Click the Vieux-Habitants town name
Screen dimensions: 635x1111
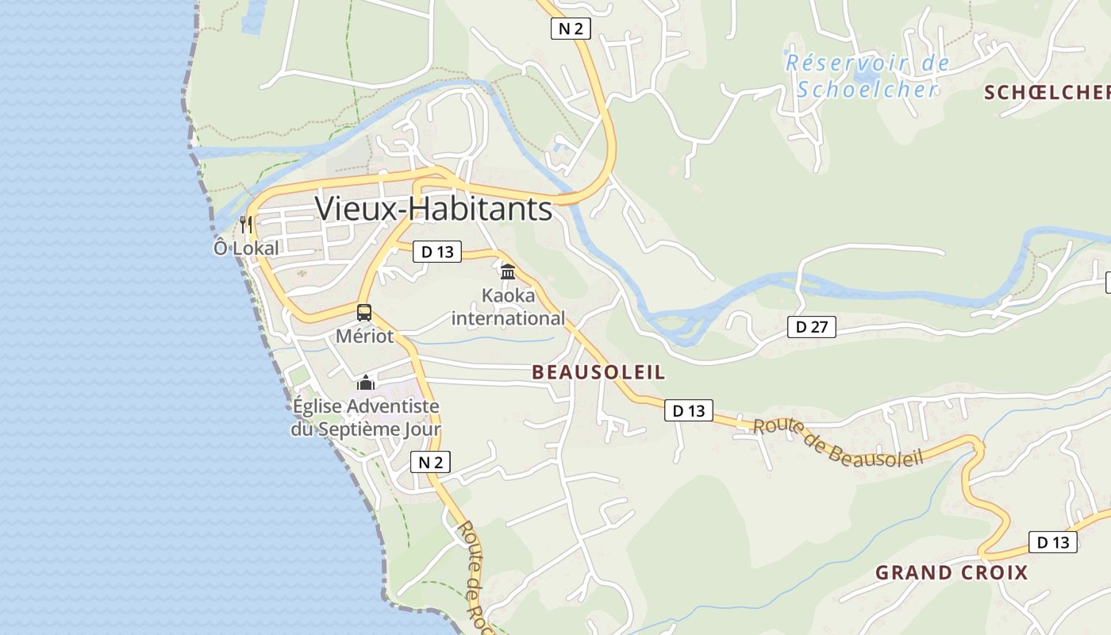[x=433, y=209]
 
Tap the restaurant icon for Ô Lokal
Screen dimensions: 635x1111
[x=246, y=225]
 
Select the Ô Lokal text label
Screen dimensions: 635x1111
[x=246, y=248]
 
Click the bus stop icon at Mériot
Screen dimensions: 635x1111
[x=364, y=312]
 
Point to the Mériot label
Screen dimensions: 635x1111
[x=364, y=336]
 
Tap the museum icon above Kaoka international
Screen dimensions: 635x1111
[x=508, y=271]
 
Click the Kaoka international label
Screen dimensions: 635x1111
[x=508, y=307]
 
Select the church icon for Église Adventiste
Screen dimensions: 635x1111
[x=365, y=383]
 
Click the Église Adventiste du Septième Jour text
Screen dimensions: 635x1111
[x=366, y=418]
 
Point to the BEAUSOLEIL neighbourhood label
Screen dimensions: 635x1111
[x=598, y=372]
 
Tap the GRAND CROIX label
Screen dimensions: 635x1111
[x=951, y=572]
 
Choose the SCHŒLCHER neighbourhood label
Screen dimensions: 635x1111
[x=1047, y=93]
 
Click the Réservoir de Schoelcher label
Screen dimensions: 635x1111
[x=867, y=76]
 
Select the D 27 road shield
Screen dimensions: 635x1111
[x=812, y=326]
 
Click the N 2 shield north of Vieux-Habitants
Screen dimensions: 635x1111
[x=571, y=29]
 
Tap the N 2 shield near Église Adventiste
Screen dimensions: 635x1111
[x=430, y=463]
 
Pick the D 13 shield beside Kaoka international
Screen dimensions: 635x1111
[x=437, y=252]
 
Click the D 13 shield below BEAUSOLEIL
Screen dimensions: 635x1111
[x=688, y=410]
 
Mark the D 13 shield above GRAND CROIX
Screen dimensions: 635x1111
[x=1053, y=543]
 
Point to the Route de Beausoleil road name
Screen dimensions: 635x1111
[x=838, y=443]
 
